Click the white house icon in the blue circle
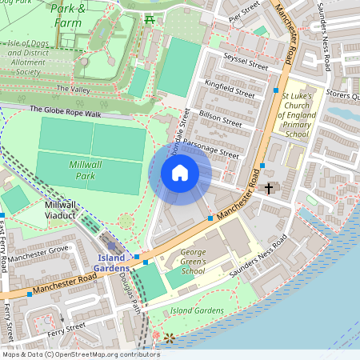tap(180, 172)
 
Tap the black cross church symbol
tap(269, 189)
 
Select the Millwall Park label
tap(71, 168)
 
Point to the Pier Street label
tap(246, 14)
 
